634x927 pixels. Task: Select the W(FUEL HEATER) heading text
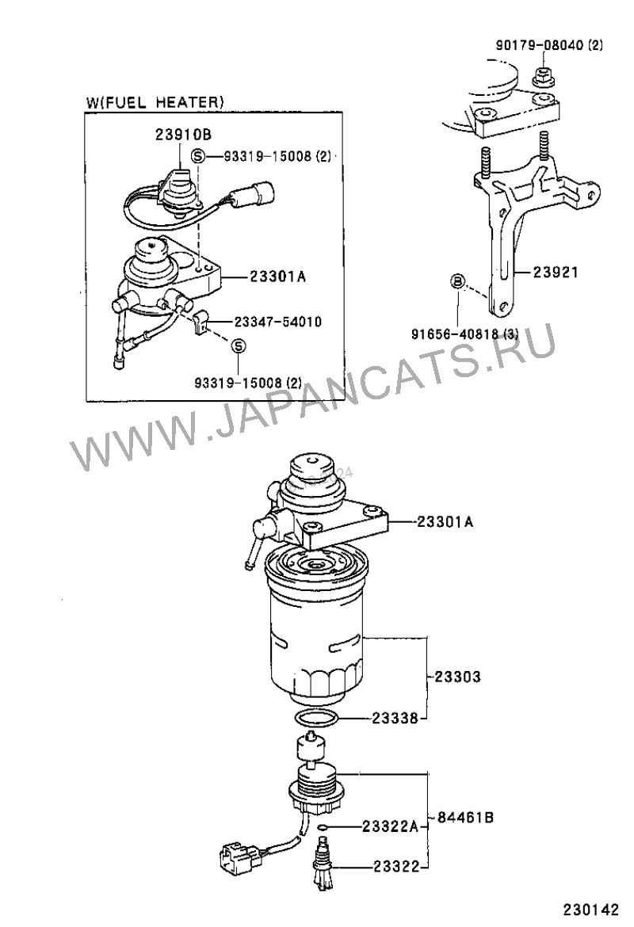[x=155, y=101]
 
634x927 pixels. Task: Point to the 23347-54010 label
[x=278, y=322]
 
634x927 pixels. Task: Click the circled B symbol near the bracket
[x=458, y=281]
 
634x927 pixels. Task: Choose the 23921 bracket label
[x=556, y=272]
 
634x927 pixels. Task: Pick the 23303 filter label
[x=458, y=677]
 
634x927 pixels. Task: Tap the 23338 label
[x=395, y=719]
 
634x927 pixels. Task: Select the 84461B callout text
[x=466, y=818]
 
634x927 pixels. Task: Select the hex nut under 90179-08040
[x=542, y=76]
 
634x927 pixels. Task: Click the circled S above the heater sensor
[x=198, y=156]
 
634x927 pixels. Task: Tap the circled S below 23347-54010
[x=238, y=345]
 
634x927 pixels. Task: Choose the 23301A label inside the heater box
[x=277, y=277]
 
